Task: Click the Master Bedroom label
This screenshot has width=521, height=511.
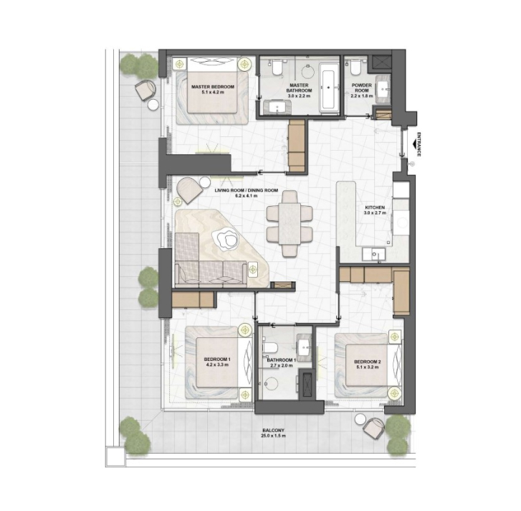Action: (213, 89)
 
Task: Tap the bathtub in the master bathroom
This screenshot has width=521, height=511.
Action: (329, 87)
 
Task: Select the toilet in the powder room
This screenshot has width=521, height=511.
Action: (355, 67)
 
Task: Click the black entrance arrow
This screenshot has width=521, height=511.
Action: (414, 144)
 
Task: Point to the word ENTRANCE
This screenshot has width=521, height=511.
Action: (419, 144)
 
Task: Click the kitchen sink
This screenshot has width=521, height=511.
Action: (373, 255)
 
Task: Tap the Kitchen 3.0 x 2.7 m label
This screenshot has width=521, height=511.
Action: (375, 210)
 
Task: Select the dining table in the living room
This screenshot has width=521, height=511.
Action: (290, 223)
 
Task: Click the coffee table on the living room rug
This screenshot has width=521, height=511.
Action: (226, 238)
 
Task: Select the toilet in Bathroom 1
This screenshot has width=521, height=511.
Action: (269, 347)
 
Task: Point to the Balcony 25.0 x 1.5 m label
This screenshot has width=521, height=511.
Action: (273, 433)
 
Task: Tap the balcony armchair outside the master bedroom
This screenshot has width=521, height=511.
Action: (145, 89)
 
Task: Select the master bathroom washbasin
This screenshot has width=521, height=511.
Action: (277, 107)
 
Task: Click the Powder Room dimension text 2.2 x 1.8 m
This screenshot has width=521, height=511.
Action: (361, 96)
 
